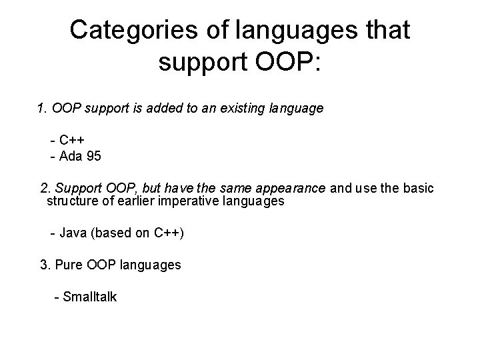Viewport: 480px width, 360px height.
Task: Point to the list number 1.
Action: (41, 107)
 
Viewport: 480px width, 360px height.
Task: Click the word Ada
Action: (71, 157)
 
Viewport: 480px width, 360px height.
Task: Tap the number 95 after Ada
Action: (94, 157)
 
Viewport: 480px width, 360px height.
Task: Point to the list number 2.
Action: (45, 189)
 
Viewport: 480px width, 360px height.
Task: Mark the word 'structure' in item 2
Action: (71, 201)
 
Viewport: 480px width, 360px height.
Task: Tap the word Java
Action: (73, 233)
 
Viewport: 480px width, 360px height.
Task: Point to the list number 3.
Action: (45, 265)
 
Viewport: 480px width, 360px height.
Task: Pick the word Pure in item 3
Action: (68, 265)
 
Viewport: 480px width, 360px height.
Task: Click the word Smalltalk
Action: (89, 297)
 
